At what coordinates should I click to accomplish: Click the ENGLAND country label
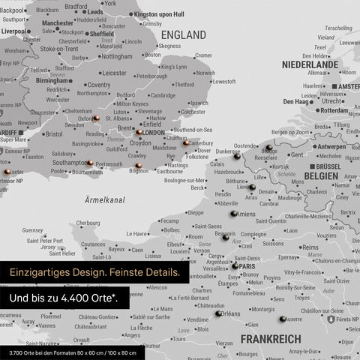click(x=183, y=35)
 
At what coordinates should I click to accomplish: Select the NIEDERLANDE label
click(x=310, y=64)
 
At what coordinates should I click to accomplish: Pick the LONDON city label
click(x=153, y=133)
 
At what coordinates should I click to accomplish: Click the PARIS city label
click(x=248, y=265)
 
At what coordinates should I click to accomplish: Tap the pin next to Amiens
click(x=233, y=214)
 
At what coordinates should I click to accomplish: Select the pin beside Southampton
click(x=89, y=163)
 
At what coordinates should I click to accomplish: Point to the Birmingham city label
click(x=52, y=81)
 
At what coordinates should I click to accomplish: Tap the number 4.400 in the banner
click(x=80, y=300)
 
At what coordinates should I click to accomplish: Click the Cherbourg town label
click(x=88, y=223)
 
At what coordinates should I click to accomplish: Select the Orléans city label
click(x=231, y=314)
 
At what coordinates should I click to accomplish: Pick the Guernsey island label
click(x=33, y=230)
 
